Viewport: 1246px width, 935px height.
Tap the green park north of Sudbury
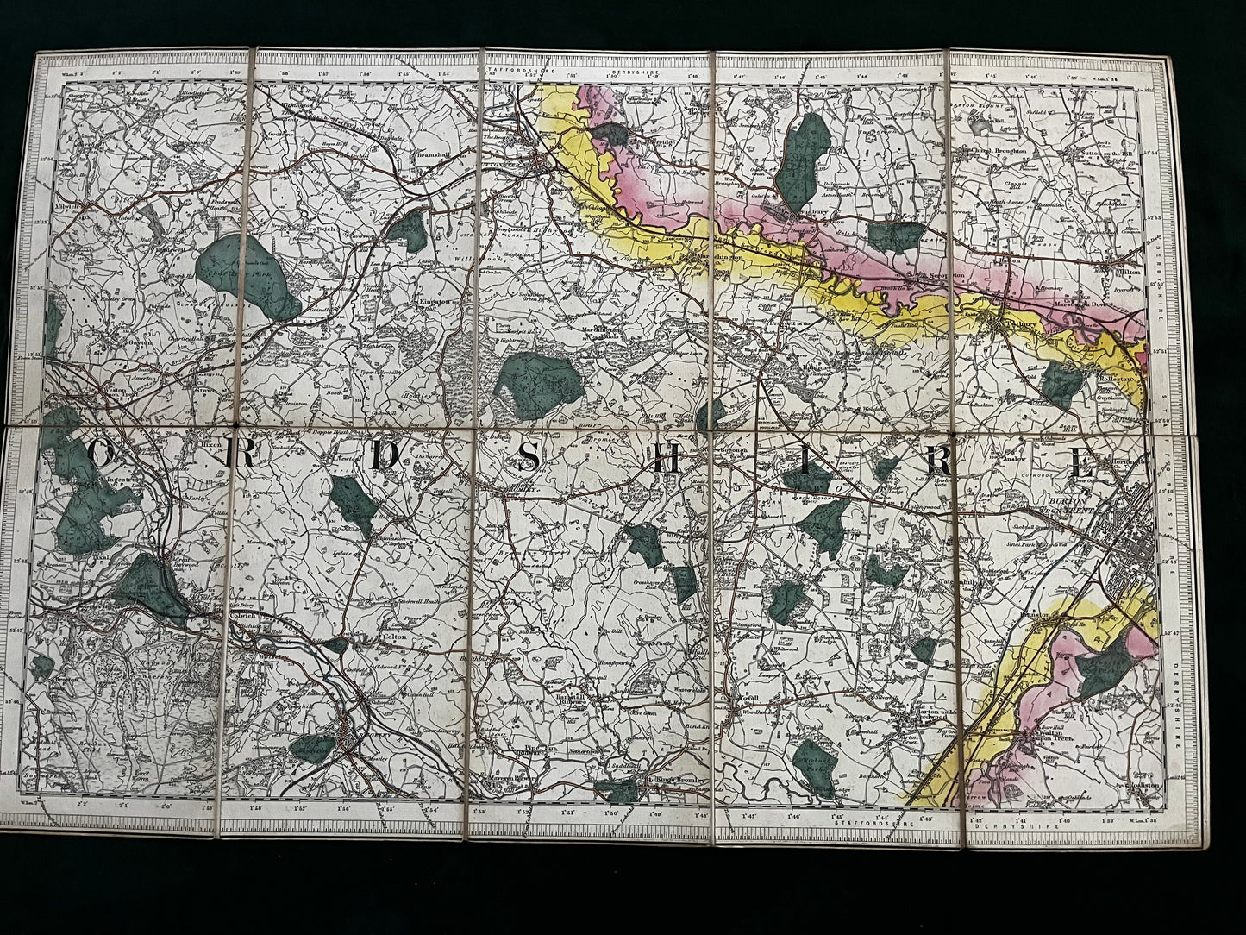(803, 155)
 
